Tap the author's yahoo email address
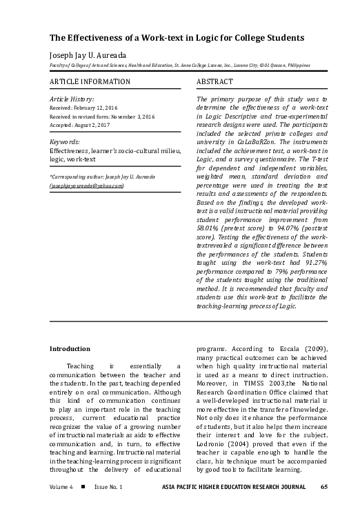[x=86, y=186]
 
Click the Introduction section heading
[x=74, y=349]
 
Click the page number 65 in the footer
[x=323, y=487]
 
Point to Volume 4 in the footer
[x=61, y=487]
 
